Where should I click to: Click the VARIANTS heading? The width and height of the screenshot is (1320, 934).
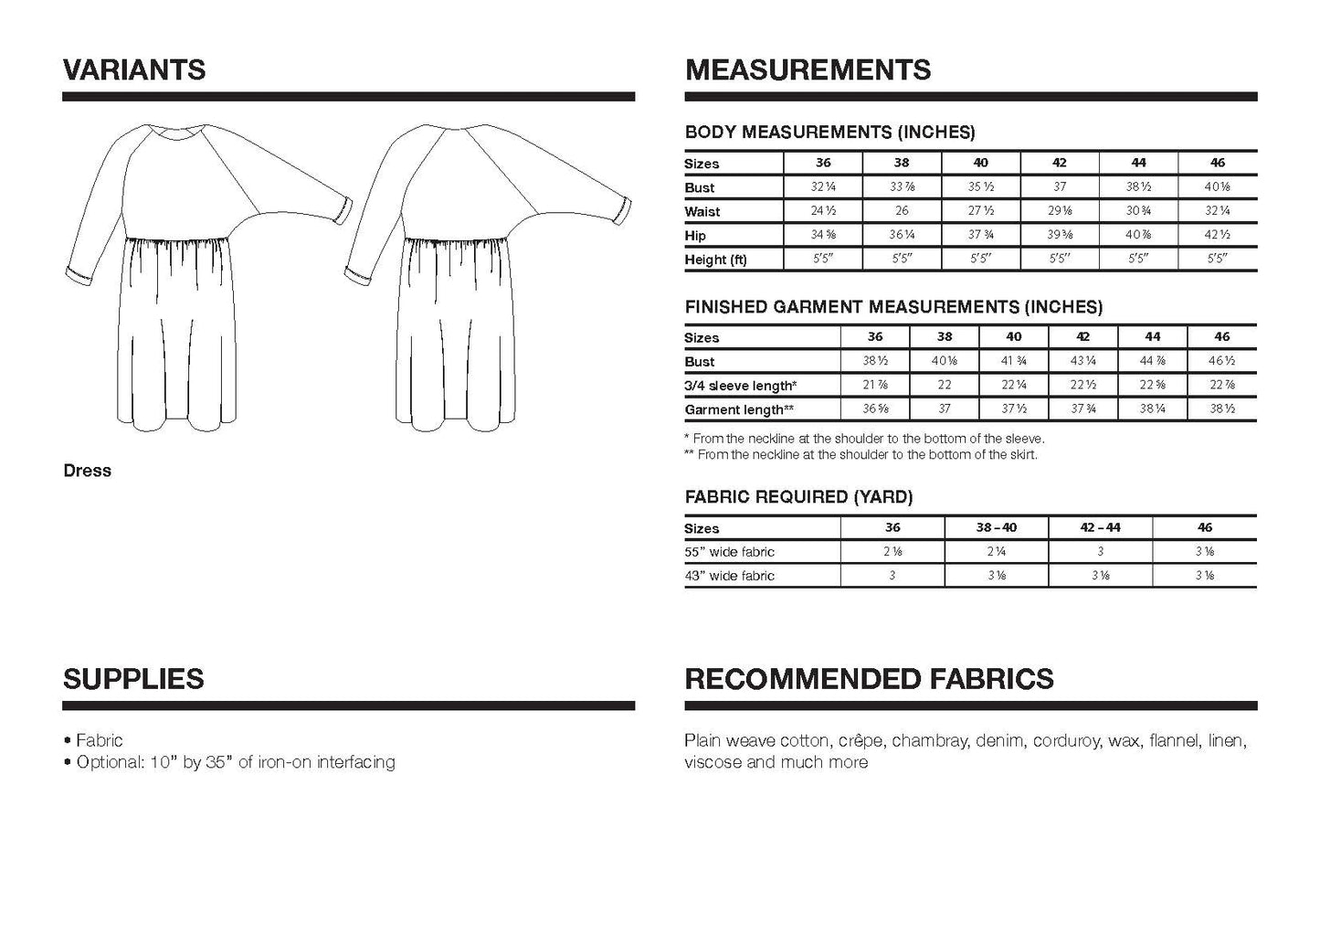point(134,70)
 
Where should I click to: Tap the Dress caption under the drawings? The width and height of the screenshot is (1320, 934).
point(88,471)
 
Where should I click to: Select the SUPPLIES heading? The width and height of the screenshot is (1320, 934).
point(133,679)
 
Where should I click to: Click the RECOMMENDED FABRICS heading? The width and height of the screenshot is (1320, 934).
point(869,679)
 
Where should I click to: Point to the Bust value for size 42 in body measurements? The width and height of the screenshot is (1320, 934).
point(1060,187)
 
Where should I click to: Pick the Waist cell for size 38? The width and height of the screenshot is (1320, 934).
point(902,211)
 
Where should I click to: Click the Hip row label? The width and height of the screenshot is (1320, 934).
point(695,236)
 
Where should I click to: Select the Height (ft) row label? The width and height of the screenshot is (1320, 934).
point(715,260)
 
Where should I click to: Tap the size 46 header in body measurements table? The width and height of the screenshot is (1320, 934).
point(1217,163)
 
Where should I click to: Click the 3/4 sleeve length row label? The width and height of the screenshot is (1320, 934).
point(740,386)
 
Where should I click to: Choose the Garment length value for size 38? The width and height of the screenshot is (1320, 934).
point(945,409)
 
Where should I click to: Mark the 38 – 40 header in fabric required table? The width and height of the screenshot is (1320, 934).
point(997,527)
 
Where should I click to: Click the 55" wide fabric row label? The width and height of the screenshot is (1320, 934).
point(729,552)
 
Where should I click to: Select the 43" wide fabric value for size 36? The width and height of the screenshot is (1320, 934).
point(892,576)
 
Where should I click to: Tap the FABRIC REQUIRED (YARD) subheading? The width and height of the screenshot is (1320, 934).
point(798,497)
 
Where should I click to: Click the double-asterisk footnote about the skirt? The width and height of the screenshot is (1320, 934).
point(861,454)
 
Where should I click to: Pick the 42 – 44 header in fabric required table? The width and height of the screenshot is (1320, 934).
point(1100,527)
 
